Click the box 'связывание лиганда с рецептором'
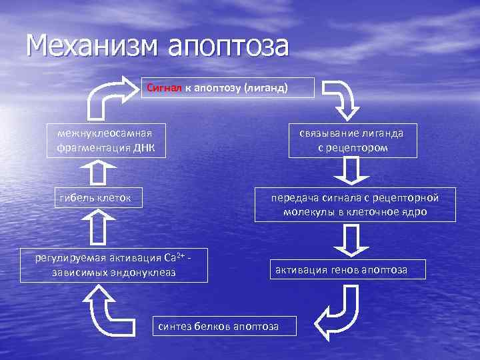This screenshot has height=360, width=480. pyautogui.click(x=352, y=140)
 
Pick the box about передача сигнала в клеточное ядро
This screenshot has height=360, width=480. pyautogui.click(x=355, y=205)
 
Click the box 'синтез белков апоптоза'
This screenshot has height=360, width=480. pyautogui.click(x=217, y=325)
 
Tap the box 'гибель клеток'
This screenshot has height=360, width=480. pyautogui.click(x=95, y=197)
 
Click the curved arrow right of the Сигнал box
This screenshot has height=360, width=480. pyautogui.click(x=343, y=99)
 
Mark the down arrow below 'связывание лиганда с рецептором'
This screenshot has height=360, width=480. pyautogui.click(x=350, y=171)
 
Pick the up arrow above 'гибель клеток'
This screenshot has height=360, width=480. pyautogui.click(x=97, y=172)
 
